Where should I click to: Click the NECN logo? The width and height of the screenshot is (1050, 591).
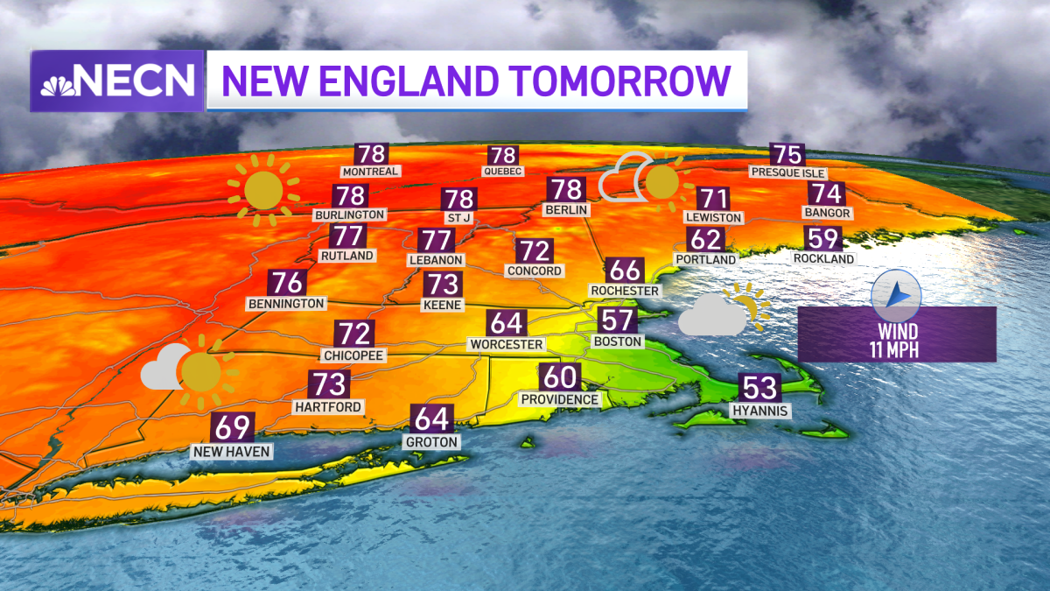tap(117, 81)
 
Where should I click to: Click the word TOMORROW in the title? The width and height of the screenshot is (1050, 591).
tap(620, 81)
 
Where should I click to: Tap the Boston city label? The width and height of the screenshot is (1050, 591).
tap(618, 341)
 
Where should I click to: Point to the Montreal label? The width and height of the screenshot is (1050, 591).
tap(371, 172)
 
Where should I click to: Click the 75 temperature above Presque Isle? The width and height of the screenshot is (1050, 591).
tap(787, 155)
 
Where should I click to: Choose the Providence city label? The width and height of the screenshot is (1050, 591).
tap(560, 399)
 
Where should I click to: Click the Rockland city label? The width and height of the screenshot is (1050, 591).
tap(823, 258)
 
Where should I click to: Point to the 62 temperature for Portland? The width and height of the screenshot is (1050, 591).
tap(705, 238)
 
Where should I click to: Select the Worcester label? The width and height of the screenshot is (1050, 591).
tap(506, 344)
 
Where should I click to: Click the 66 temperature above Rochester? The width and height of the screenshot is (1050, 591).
tap(625, 270)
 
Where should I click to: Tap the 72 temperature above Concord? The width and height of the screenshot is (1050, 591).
tap(534, 251)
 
